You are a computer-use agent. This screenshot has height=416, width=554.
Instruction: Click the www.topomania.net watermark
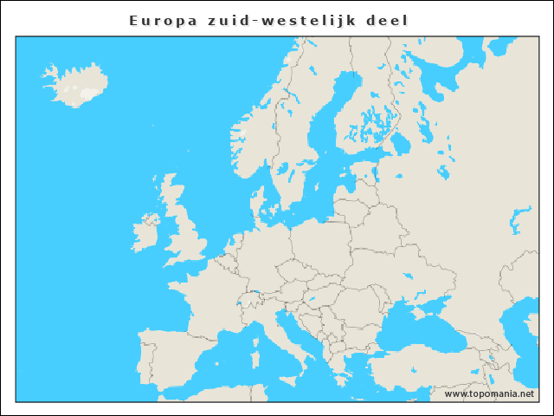click(489, 393)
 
